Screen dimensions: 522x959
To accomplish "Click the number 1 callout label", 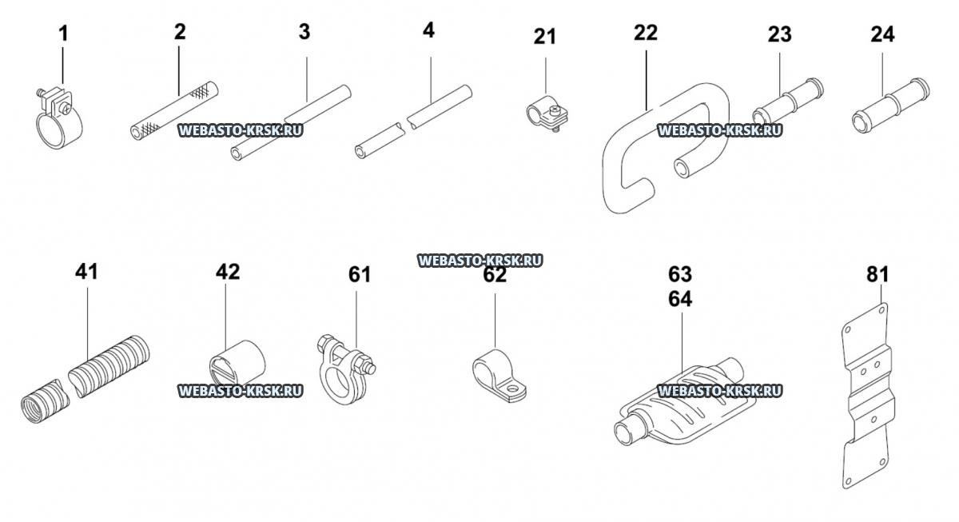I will pyautogui.click(x=63, y=34).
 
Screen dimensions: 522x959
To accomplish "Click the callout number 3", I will pyautogui.click(x=304, y=32).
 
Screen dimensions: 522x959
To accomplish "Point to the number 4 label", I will pyautogui.click(x=429, y=32).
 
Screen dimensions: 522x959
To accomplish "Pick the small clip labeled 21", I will pyautogui.click(x=545, y=112).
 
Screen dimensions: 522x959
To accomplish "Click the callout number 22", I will pyautogui.click(x=645, y=33).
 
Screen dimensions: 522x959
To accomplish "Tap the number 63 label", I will pyautogui.click(x=680, y=275).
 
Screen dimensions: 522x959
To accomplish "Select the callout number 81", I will pyautogui.click(x=877, y=274).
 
